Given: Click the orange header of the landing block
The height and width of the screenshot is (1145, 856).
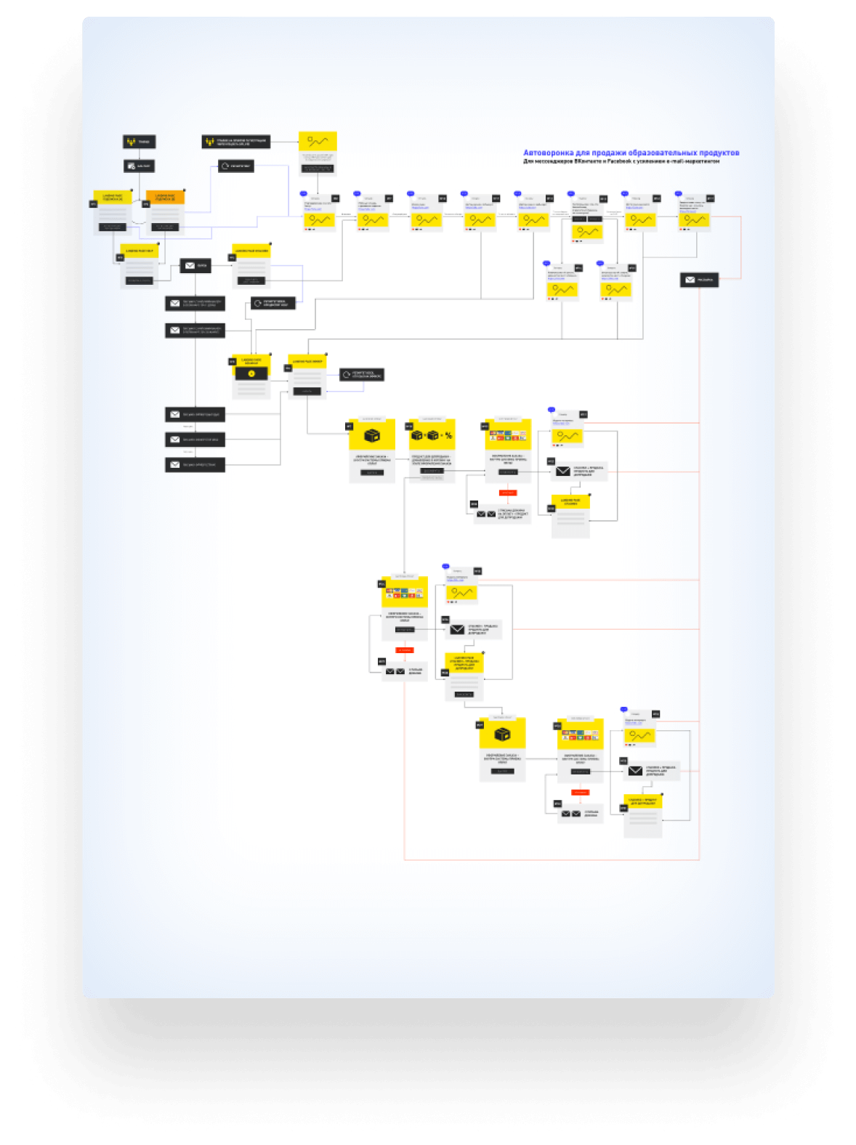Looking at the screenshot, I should (x=165, y=197).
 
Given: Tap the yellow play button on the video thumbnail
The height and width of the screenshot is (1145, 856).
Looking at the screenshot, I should (x=251, y=373).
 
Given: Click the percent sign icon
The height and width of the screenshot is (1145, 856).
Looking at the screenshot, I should (x=448, y=436).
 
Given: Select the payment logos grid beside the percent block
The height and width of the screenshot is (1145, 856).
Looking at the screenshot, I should (x=508, y=435).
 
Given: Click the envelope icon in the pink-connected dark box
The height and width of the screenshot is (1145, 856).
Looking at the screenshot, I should (x=690, y=280).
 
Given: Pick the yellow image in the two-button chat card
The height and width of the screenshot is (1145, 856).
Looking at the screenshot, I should (x=586, y=232).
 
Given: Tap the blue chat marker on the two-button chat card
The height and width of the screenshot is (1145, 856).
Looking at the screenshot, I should (x=571, y=194).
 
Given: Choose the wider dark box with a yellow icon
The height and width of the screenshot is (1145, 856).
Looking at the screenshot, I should (x=235, y=142).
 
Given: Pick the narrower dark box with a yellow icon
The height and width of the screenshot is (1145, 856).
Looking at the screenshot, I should (x=139, y=142).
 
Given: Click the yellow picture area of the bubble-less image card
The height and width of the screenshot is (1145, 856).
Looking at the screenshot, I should (x=318, y=141).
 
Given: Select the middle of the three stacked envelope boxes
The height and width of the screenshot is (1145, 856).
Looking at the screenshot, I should (x=195, y=440).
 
